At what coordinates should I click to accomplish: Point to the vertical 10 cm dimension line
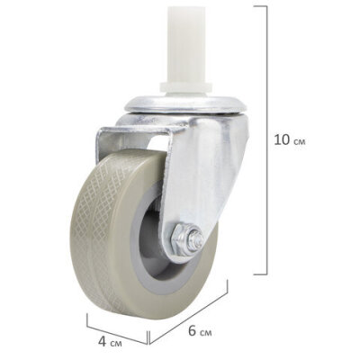267,135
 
